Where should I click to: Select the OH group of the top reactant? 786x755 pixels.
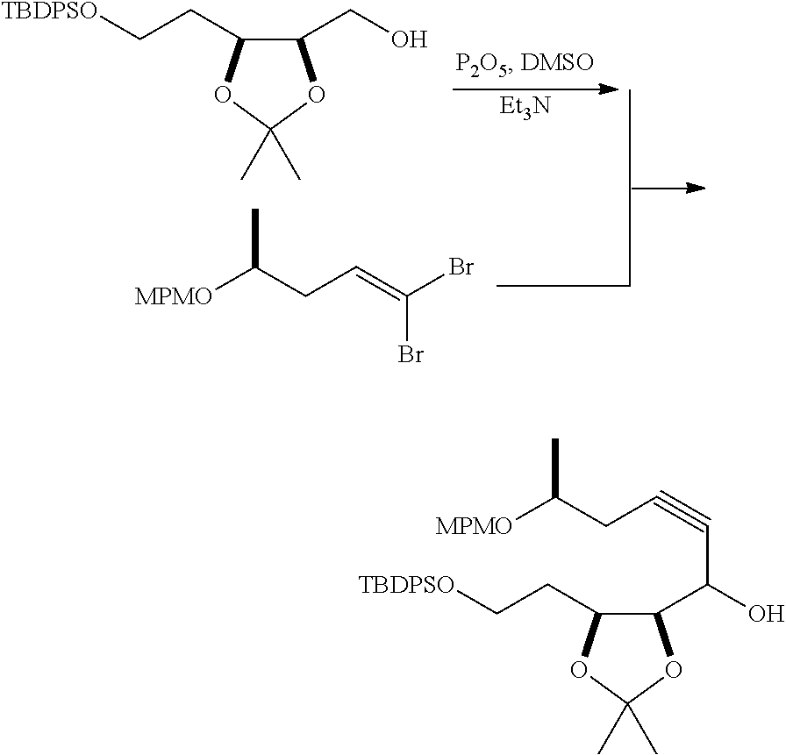(x=410, y=40)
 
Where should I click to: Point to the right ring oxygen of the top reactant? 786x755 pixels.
(x=317, y=94)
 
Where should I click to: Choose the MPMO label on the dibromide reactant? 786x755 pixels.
(x=173, y=297)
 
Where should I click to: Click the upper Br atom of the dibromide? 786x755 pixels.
(x=461, y=267)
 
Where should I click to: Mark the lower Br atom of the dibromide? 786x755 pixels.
(x=412, y=355)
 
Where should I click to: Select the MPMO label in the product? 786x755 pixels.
(x=475, y=526)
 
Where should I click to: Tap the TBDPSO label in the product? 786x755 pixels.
(x=406, y=584)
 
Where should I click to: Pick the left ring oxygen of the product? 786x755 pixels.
(x=578, y=671)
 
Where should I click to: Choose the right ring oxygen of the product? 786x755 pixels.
(x=674, y=671)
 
